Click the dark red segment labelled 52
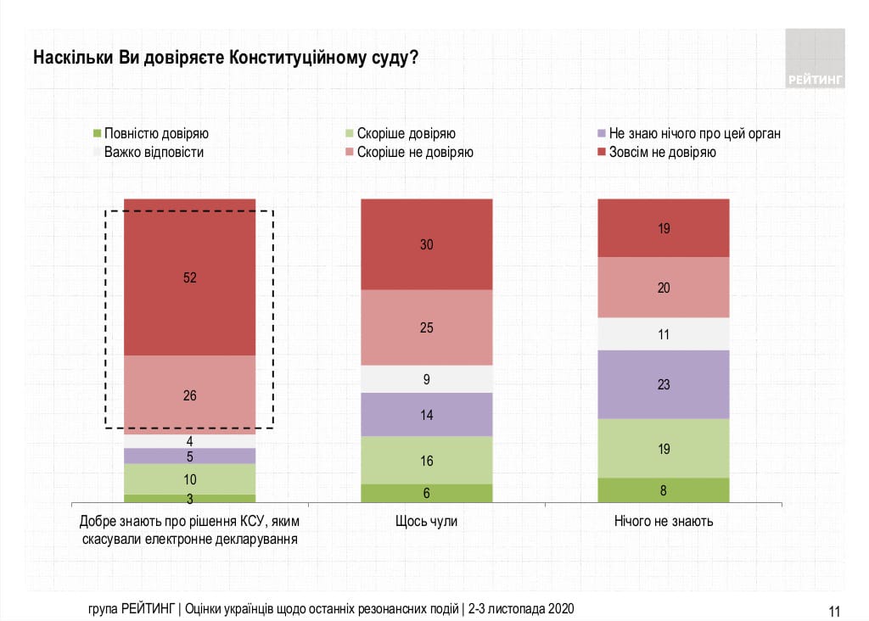(x=189, y=277)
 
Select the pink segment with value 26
(x=189, y=394)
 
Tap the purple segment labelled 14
(x=427, y=414)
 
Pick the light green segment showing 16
(x=427, y=460)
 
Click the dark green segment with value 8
(x=664, y=490)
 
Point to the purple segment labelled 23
(x=664, y=384)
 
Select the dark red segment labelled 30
(x=427, y=244)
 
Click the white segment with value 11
(x=664, y=334)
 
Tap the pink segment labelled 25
(x=427, y=327)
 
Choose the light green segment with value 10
(x=189, y=479)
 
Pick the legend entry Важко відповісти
(x=154, y=153)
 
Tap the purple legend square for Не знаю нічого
(x=602, y=133)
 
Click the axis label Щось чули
(x=426, y=521)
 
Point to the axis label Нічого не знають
(x=664, y=521)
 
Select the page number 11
(x=833, y=610)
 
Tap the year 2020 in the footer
(x=562, y=609)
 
